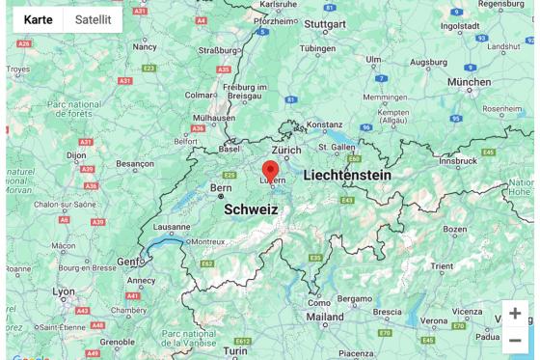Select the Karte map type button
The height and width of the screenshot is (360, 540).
click(x=39, y=19)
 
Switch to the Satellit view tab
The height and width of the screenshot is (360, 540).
click(x=94, y=19)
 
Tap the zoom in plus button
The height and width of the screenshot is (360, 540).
click(x=515, y=314)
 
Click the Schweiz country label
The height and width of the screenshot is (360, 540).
click(x=251, y=208)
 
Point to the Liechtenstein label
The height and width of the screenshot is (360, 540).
click(x=347, y=176)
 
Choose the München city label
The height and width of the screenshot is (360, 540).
click(x=470, y=82)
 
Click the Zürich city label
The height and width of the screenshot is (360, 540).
click(x=286, y=151)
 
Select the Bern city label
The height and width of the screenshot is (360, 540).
click(x=222, y=187)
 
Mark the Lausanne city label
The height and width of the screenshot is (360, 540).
click(x=172, y=228)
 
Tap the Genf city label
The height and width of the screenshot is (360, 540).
click(x=130, y=262)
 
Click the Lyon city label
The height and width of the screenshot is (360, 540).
click(x=64, y=291)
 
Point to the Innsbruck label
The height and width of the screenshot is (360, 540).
click(x=457, y=161)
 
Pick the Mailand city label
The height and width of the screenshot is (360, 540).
click(x=325, y=317)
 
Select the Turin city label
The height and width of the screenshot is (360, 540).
click(x=235, y=350)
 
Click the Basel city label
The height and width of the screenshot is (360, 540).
click(x=229, y=150)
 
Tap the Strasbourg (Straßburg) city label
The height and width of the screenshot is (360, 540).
click(x=217, y=50)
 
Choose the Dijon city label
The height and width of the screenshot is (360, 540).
click(x=77, y=154)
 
